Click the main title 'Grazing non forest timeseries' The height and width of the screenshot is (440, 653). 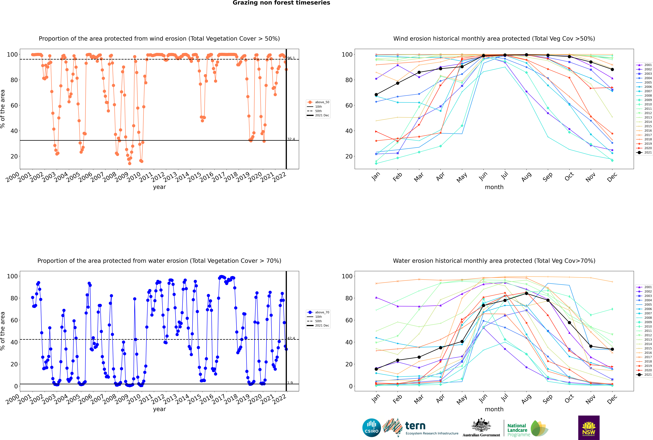[281, 3]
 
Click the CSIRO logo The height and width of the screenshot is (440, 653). [371, 428]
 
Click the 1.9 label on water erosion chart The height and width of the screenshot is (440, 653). [290, 383]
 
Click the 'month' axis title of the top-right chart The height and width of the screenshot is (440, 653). [494, 187]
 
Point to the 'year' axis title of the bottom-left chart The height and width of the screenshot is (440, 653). [159, 409]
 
